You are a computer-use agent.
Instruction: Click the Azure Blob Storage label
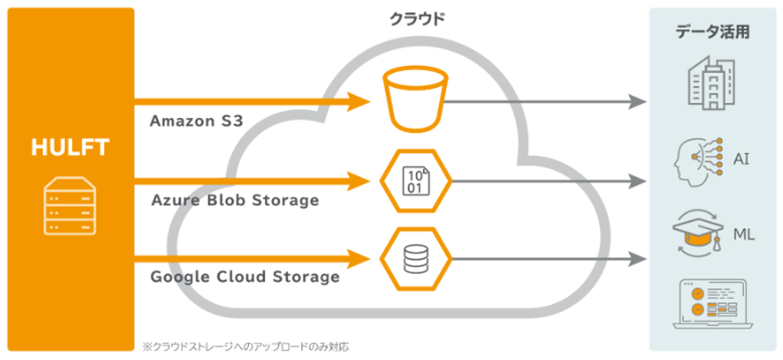[234, 201]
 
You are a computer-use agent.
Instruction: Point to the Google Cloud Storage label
[244, 277]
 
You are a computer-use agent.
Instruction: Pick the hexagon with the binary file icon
[414, 182]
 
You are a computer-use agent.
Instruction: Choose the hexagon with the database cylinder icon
[414, 259]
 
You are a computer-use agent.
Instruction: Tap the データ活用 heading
[713, 32]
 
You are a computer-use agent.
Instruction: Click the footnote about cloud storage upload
[245, 346]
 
